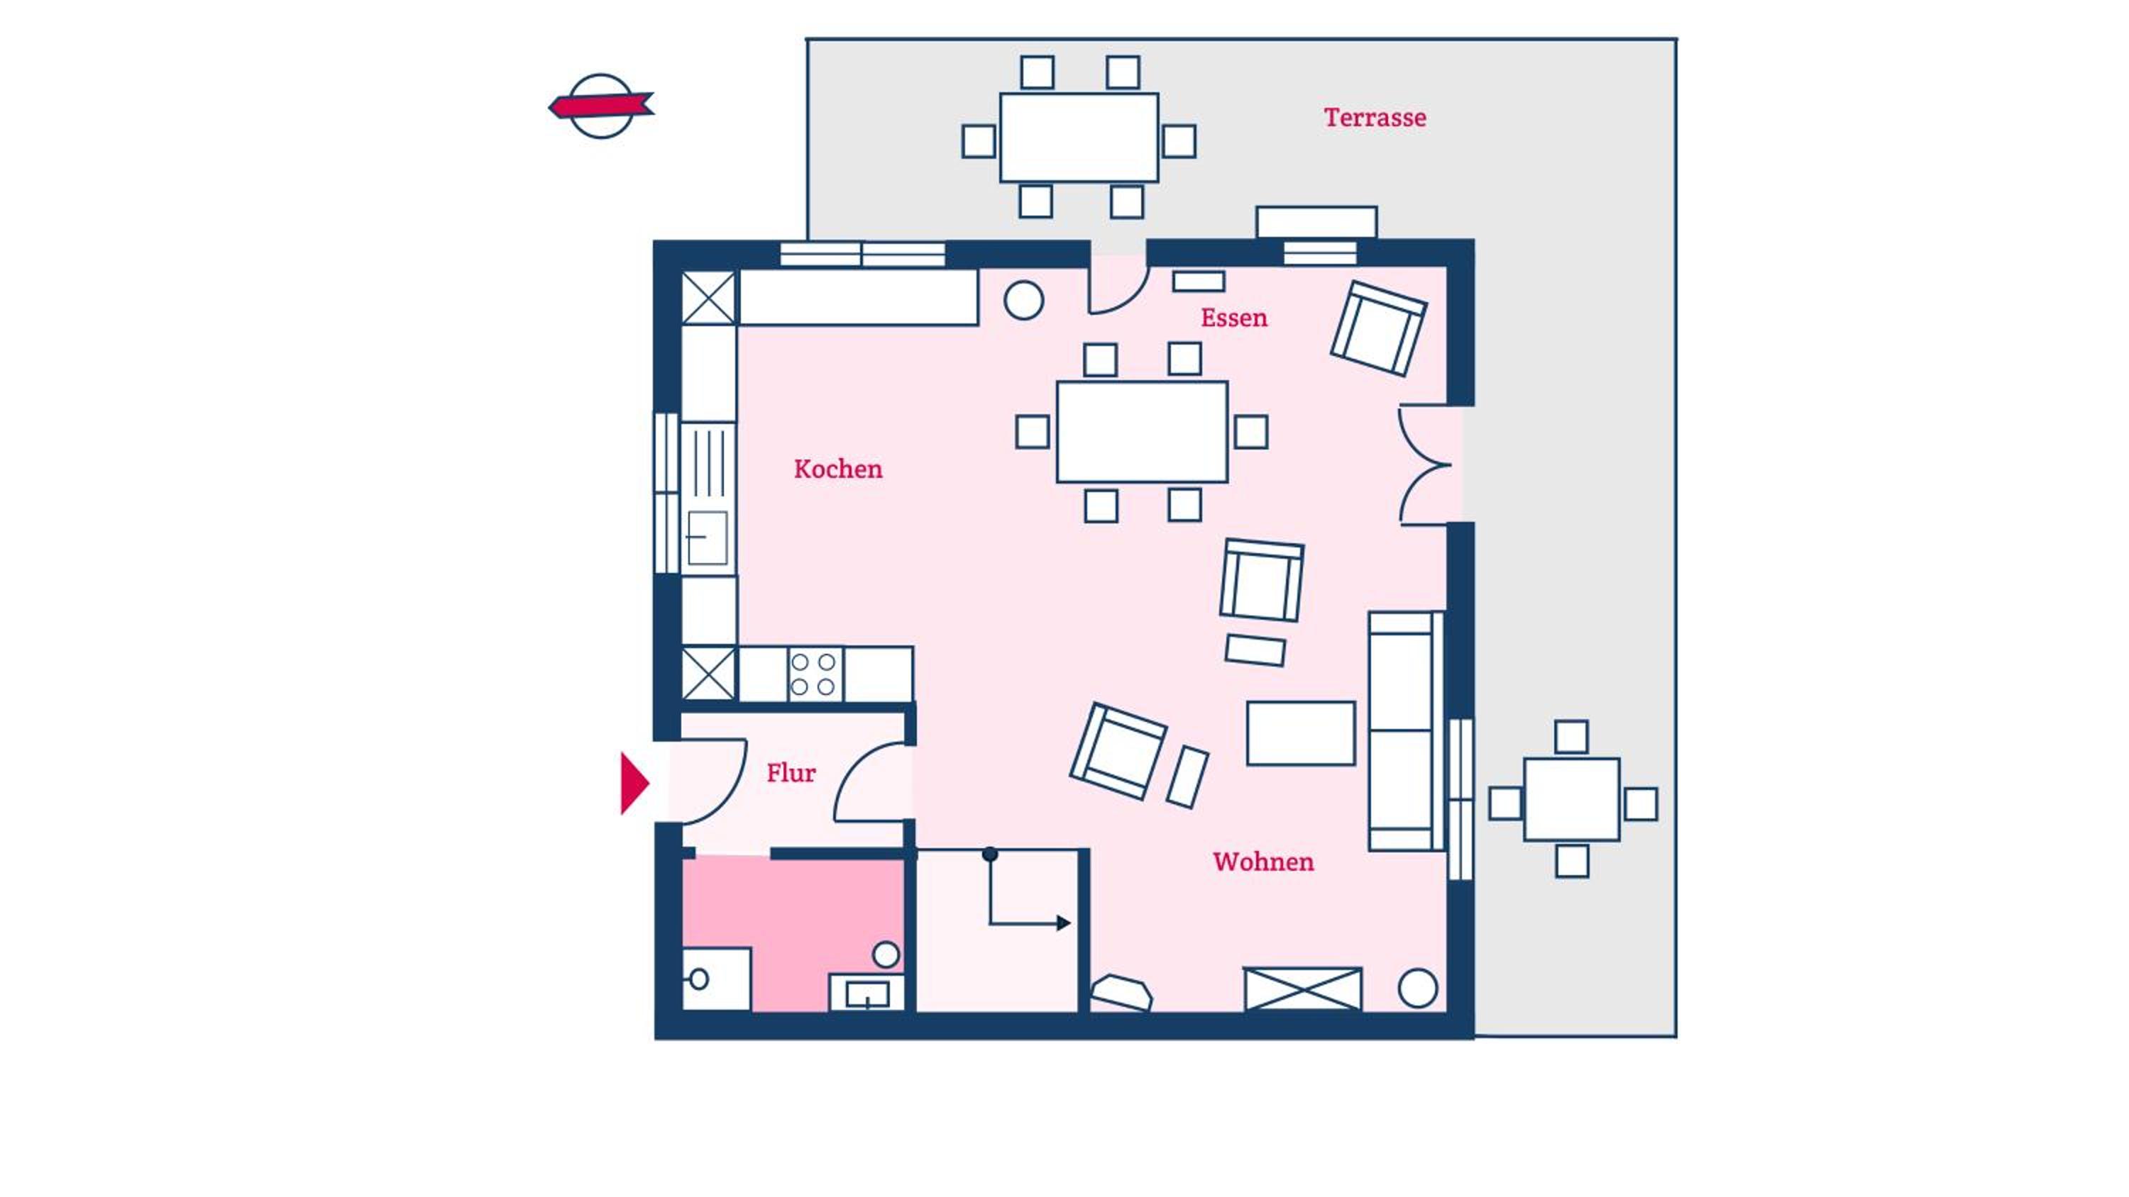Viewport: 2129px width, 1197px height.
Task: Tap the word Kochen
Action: (838, 469)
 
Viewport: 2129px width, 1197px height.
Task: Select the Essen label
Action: (1234, 318)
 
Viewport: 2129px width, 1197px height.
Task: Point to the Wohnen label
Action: (1263, 862)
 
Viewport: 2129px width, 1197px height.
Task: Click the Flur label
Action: (791, 773)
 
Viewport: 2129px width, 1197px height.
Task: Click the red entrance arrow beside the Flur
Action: (634, 783)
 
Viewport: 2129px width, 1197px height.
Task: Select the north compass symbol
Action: (601, 106)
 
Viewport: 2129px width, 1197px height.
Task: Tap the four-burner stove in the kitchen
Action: (814, 674)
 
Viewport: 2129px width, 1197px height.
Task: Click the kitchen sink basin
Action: (708, 537)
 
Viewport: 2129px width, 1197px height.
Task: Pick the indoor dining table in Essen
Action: (1142, 431)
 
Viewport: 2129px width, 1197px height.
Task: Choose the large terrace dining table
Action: (1079, 137)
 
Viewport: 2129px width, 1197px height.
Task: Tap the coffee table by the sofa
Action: (1301, 733)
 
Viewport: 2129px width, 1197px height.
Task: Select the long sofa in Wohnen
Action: (1405, 731)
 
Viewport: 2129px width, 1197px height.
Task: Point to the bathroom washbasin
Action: (867, 992)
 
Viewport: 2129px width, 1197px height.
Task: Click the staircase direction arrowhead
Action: (1064, 923)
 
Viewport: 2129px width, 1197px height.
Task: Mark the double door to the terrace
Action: (1425, 465)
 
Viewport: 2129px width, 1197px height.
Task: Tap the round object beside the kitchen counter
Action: (1023, 300)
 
